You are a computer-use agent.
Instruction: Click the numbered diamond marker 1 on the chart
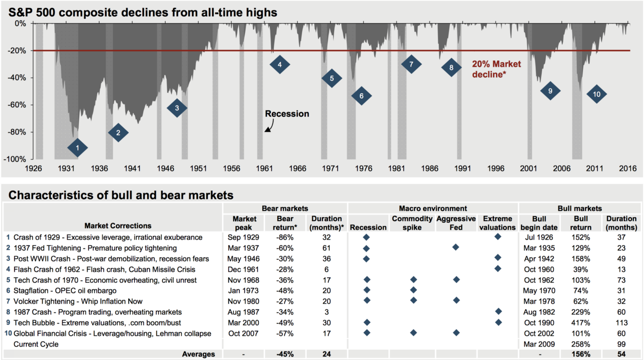(77, 148)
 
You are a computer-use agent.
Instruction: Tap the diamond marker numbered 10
(597, 94)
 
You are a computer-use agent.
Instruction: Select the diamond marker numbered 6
(362, 96)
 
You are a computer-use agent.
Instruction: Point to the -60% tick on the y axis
(18, 105)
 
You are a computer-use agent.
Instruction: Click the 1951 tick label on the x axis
(198, 169)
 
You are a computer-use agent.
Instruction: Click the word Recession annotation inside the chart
(287, 114)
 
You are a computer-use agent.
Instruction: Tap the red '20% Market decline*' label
(497, 69)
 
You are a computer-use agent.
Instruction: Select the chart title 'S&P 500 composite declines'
(143, 12)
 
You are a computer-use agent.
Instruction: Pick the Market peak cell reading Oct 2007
(243, 333)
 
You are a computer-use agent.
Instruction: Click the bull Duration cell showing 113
(621, 323)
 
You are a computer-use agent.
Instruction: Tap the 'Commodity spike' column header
(412, 223)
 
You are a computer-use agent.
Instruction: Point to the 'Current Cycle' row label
(35, 344)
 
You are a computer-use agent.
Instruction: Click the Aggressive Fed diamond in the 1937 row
(455, 247)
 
